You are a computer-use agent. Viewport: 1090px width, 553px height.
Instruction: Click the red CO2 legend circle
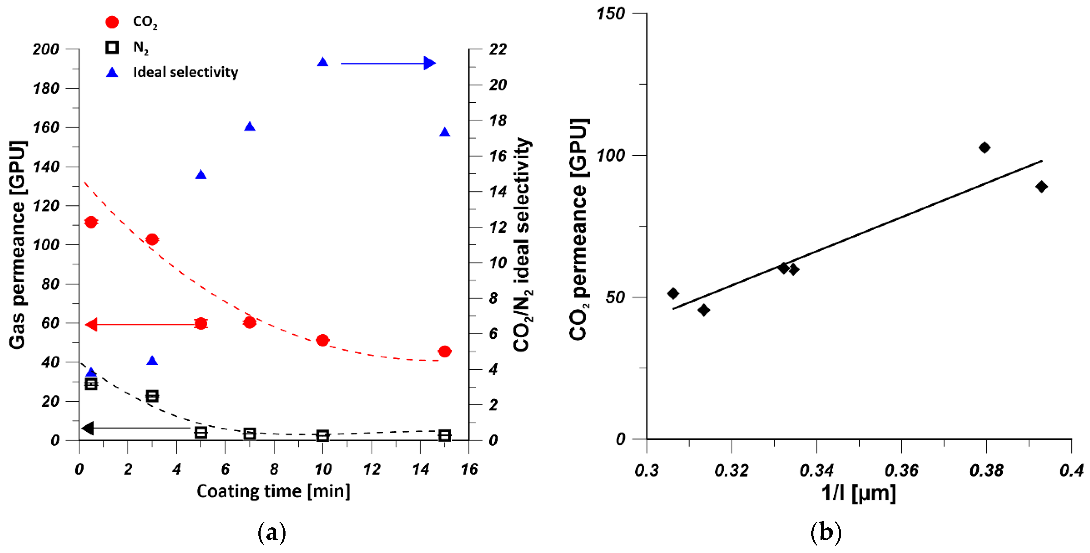pos(112,22)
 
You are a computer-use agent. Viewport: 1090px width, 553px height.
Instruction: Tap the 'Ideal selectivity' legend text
pos(185,73)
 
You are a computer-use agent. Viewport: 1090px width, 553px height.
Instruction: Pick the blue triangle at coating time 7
pos(250,127)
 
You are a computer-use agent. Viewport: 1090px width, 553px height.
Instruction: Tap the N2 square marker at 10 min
pos(323,436)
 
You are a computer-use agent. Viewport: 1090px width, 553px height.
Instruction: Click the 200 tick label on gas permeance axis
pos(46,50)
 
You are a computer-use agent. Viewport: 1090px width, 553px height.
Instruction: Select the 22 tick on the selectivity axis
pos(498,50)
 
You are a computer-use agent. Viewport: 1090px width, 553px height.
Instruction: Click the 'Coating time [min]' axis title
pos(273,491)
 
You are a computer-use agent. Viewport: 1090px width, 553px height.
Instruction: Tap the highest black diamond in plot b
pos(984,148)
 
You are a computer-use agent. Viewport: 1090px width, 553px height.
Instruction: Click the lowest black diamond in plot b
pos(704,310)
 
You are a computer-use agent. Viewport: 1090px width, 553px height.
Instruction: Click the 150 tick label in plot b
pos(610,14)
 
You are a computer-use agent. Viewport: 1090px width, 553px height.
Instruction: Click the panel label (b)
pos(825,532)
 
